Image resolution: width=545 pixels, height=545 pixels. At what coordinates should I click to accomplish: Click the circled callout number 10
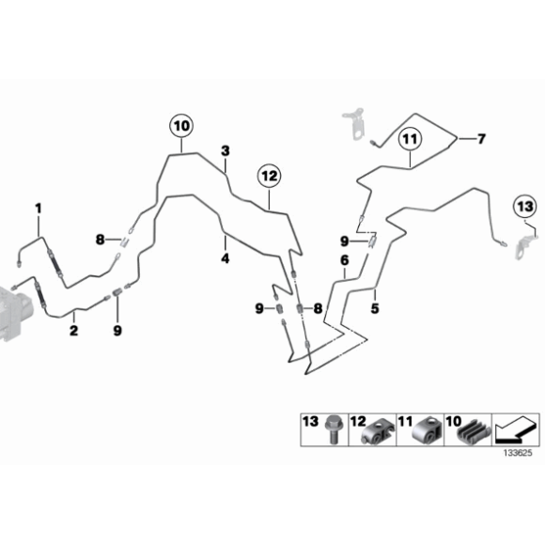click(x=181, y=126)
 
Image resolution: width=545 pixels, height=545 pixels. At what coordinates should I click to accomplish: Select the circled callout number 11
click(x=410, y=140)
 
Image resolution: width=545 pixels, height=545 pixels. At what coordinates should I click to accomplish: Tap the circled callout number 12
click(x=270, y=176)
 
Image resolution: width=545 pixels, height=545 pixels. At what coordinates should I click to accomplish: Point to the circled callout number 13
click(x=525, y=207)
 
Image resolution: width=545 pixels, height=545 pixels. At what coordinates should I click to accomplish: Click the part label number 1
click(x=39, y=209)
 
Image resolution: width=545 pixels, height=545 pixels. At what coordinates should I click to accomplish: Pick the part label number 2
click(x=73, y=330)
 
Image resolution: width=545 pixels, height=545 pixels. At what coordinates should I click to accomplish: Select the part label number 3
click(x=226, y=151)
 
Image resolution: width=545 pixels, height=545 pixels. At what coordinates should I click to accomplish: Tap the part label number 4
click(x=226, y=258)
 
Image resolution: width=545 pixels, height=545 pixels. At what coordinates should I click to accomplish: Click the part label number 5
click(x=375, y=308)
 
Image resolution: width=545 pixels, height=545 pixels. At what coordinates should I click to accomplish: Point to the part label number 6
click(x=345, y=260)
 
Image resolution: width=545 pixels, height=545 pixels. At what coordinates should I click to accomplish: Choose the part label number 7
click(x=481, y=139)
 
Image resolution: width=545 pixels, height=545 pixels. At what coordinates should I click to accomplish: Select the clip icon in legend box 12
click(x=378, y=432)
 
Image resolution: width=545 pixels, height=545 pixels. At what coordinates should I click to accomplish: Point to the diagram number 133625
click(x=518, y=453)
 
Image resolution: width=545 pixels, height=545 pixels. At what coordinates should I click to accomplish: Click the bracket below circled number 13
click(x=525, y=246)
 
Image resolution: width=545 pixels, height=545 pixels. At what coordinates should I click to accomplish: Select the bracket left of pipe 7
click(x=354, y=123)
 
